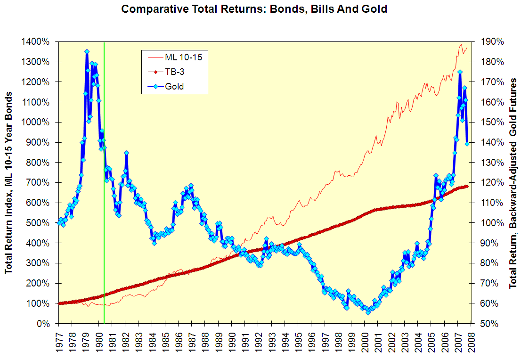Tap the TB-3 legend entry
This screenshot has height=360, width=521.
174,72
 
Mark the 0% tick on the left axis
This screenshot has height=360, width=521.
48,324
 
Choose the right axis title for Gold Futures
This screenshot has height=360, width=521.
513,183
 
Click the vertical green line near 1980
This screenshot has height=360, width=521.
104,188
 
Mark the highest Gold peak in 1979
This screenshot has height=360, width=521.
87,52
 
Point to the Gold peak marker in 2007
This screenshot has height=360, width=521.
460,72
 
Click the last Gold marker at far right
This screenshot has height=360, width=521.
467,144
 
